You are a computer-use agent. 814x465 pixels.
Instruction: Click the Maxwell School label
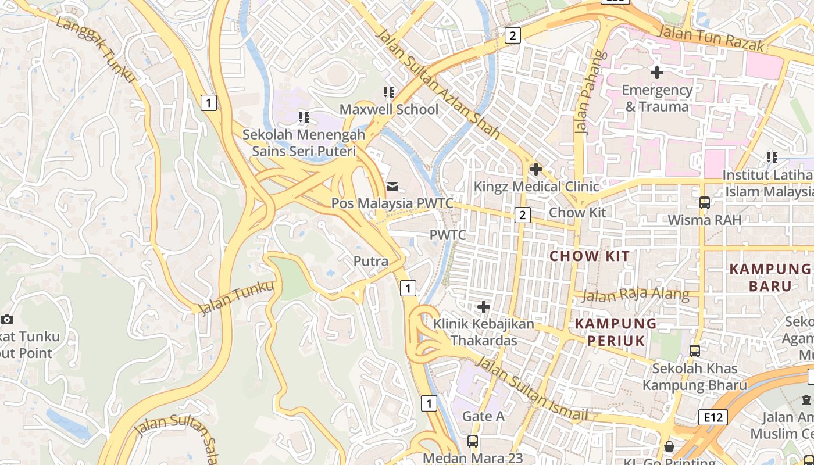click(389, 109)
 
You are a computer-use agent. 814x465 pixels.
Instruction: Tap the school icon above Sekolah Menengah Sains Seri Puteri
click(304, 117)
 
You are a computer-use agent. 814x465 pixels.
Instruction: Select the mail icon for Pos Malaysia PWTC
click(392, 186)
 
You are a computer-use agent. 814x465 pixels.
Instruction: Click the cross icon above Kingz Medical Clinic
click(535, 169)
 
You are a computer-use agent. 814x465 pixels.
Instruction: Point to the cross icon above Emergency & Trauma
click(657, 73)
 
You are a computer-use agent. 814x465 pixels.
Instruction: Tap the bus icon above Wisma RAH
click(705, 203)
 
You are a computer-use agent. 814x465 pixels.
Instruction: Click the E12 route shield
click(705, 416)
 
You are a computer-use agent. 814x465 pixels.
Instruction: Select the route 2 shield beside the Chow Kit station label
click(522, 215)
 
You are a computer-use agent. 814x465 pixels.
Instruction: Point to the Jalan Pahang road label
click(590, 93)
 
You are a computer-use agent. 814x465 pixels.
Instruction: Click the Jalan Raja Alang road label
click(636, 295)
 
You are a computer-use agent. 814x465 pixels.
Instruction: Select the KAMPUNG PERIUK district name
click(616, 332)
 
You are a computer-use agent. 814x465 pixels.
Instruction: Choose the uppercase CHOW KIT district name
click(590, 256)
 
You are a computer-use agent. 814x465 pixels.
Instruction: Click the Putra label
click(371, 262)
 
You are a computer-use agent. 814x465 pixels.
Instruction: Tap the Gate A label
click(483, 416)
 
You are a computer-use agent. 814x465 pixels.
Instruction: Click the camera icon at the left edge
click(7, 319)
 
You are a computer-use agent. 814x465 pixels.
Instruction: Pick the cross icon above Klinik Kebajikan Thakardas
click(483, 306)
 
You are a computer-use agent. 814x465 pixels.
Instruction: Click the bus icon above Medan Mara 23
click(473, 441)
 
